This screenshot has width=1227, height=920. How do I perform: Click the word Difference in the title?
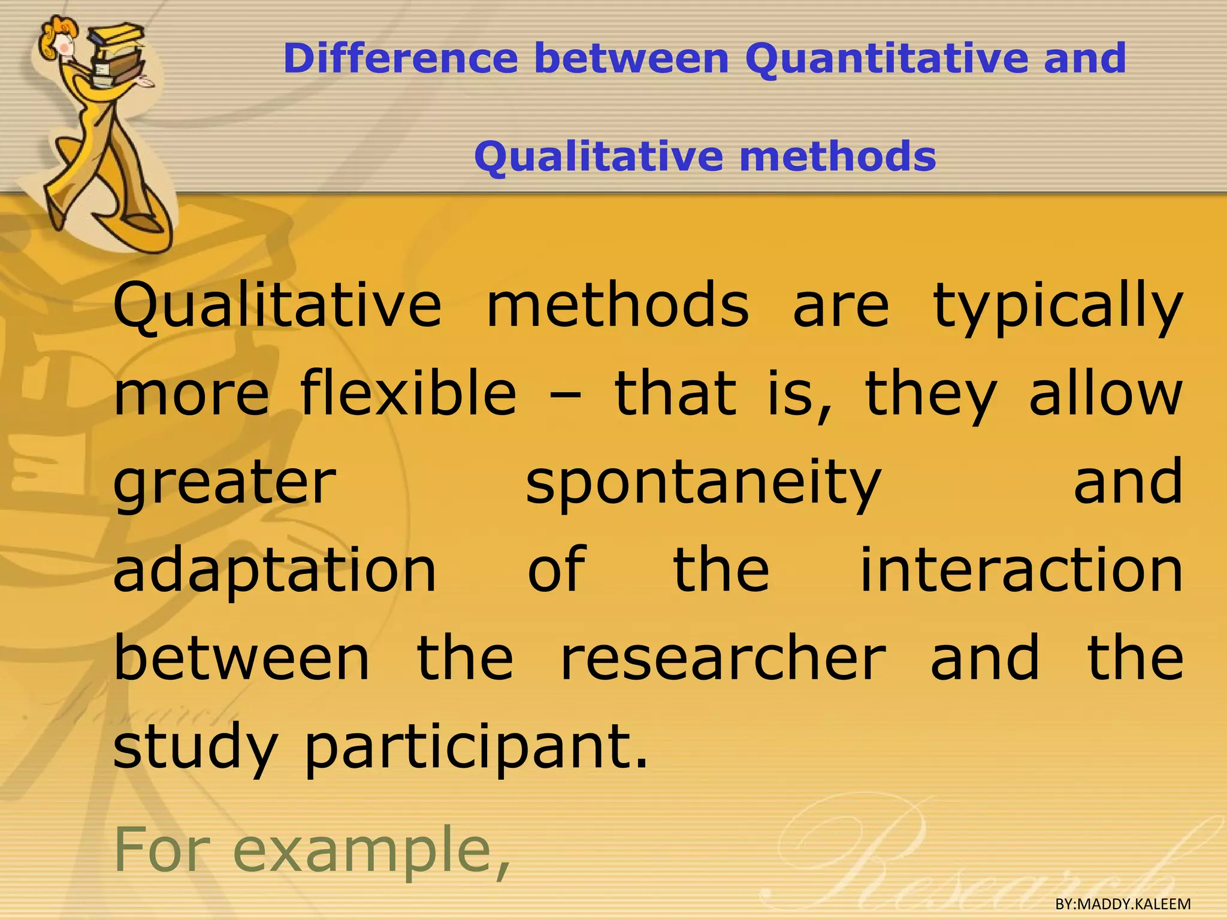[x=401, y=59]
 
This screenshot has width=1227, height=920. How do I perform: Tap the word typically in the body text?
[x=1057, y=307]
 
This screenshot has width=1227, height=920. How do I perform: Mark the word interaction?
[x=1021, y=570]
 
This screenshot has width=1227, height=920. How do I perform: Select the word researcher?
[x=723, y=659]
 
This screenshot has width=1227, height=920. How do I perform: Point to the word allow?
[x=1105, y=394]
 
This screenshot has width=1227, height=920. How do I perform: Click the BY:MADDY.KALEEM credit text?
[x=1123, y=904]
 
